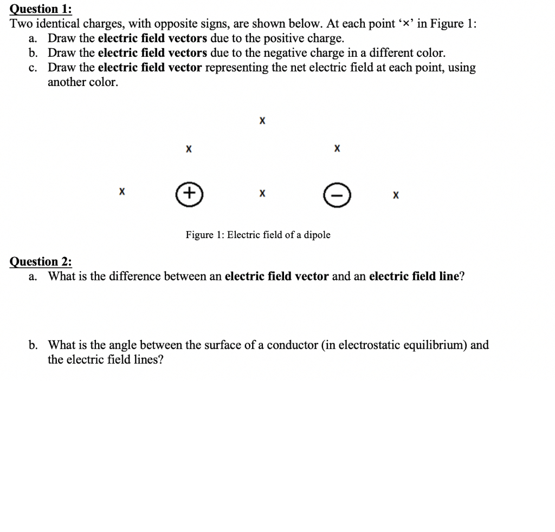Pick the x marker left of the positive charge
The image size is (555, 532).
coord(122,192)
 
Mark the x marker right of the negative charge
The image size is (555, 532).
coord(396,194)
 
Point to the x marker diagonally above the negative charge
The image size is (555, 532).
coord(337,148)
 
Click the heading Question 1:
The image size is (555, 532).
coord(41,9)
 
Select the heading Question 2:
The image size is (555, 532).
coord(41,261)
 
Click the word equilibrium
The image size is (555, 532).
coord(437,345)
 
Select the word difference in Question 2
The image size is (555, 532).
coord(135,277)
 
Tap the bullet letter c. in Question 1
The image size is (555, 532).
coord(34,68)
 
